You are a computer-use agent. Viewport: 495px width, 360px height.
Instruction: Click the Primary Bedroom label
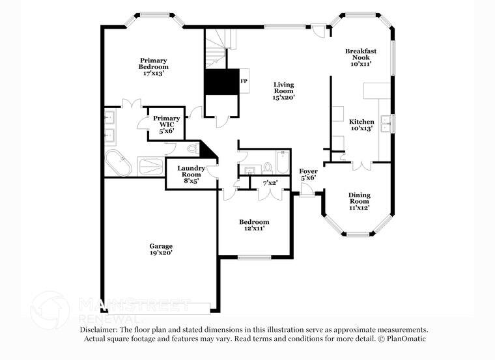154,67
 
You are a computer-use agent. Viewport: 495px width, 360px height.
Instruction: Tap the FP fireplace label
244,81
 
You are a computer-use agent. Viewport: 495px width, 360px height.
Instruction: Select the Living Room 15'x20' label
284,90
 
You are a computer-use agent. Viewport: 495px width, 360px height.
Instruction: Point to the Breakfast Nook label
361,57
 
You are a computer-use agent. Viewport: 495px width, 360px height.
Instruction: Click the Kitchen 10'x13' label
361,125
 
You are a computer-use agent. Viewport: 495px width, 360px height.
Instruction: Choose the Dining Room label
359,201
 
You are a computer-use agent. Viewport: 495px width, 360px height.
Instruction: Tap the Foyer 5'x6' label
309,174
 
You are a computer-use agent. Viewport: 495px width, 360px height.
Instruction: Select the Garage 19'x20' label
161,249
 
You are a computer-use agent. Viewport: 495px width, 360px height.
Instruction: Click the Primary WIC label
167,124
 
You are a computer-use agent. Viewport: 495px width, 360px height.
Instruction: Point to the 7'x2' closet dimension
270,184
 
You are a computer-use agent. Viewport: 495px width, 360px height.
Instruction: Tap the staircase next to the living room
217,49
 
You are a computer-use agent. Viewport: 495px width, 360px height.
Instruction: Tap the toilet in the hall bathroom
268,167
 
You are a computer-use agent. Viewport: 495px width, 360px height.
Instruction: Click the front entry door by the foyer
306,191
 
